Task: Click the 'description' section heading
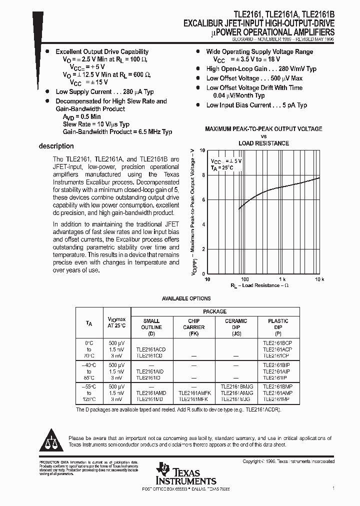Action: (56, 146)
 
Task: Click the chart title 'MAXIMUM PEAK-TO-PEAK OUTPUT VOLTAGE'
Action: (263, 129)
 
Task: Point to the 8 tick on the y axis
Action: (203, 175)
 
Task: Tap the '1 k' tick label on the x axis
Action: (282, 278)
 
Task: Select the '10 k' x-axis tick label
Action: (319, 278)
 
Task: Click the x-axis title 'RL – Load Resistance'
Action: (259, 285)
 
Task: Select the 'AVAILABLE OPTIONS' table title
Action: (186, 298)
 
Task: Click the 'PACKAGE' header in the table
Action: (214, 311)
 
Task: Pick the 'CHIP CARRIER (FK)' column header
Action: (193, 327)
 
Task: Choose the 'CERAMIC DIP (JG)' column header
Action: (235, 327)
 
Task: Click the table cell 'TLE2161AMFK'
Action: (193, 393)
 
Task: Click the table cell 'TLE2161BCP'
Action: (278, 343)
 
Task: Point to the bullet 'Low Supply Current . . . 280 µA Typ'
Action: (104, 92)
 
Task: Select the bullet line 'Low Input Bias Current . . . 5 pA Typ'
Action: (256, 105)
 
